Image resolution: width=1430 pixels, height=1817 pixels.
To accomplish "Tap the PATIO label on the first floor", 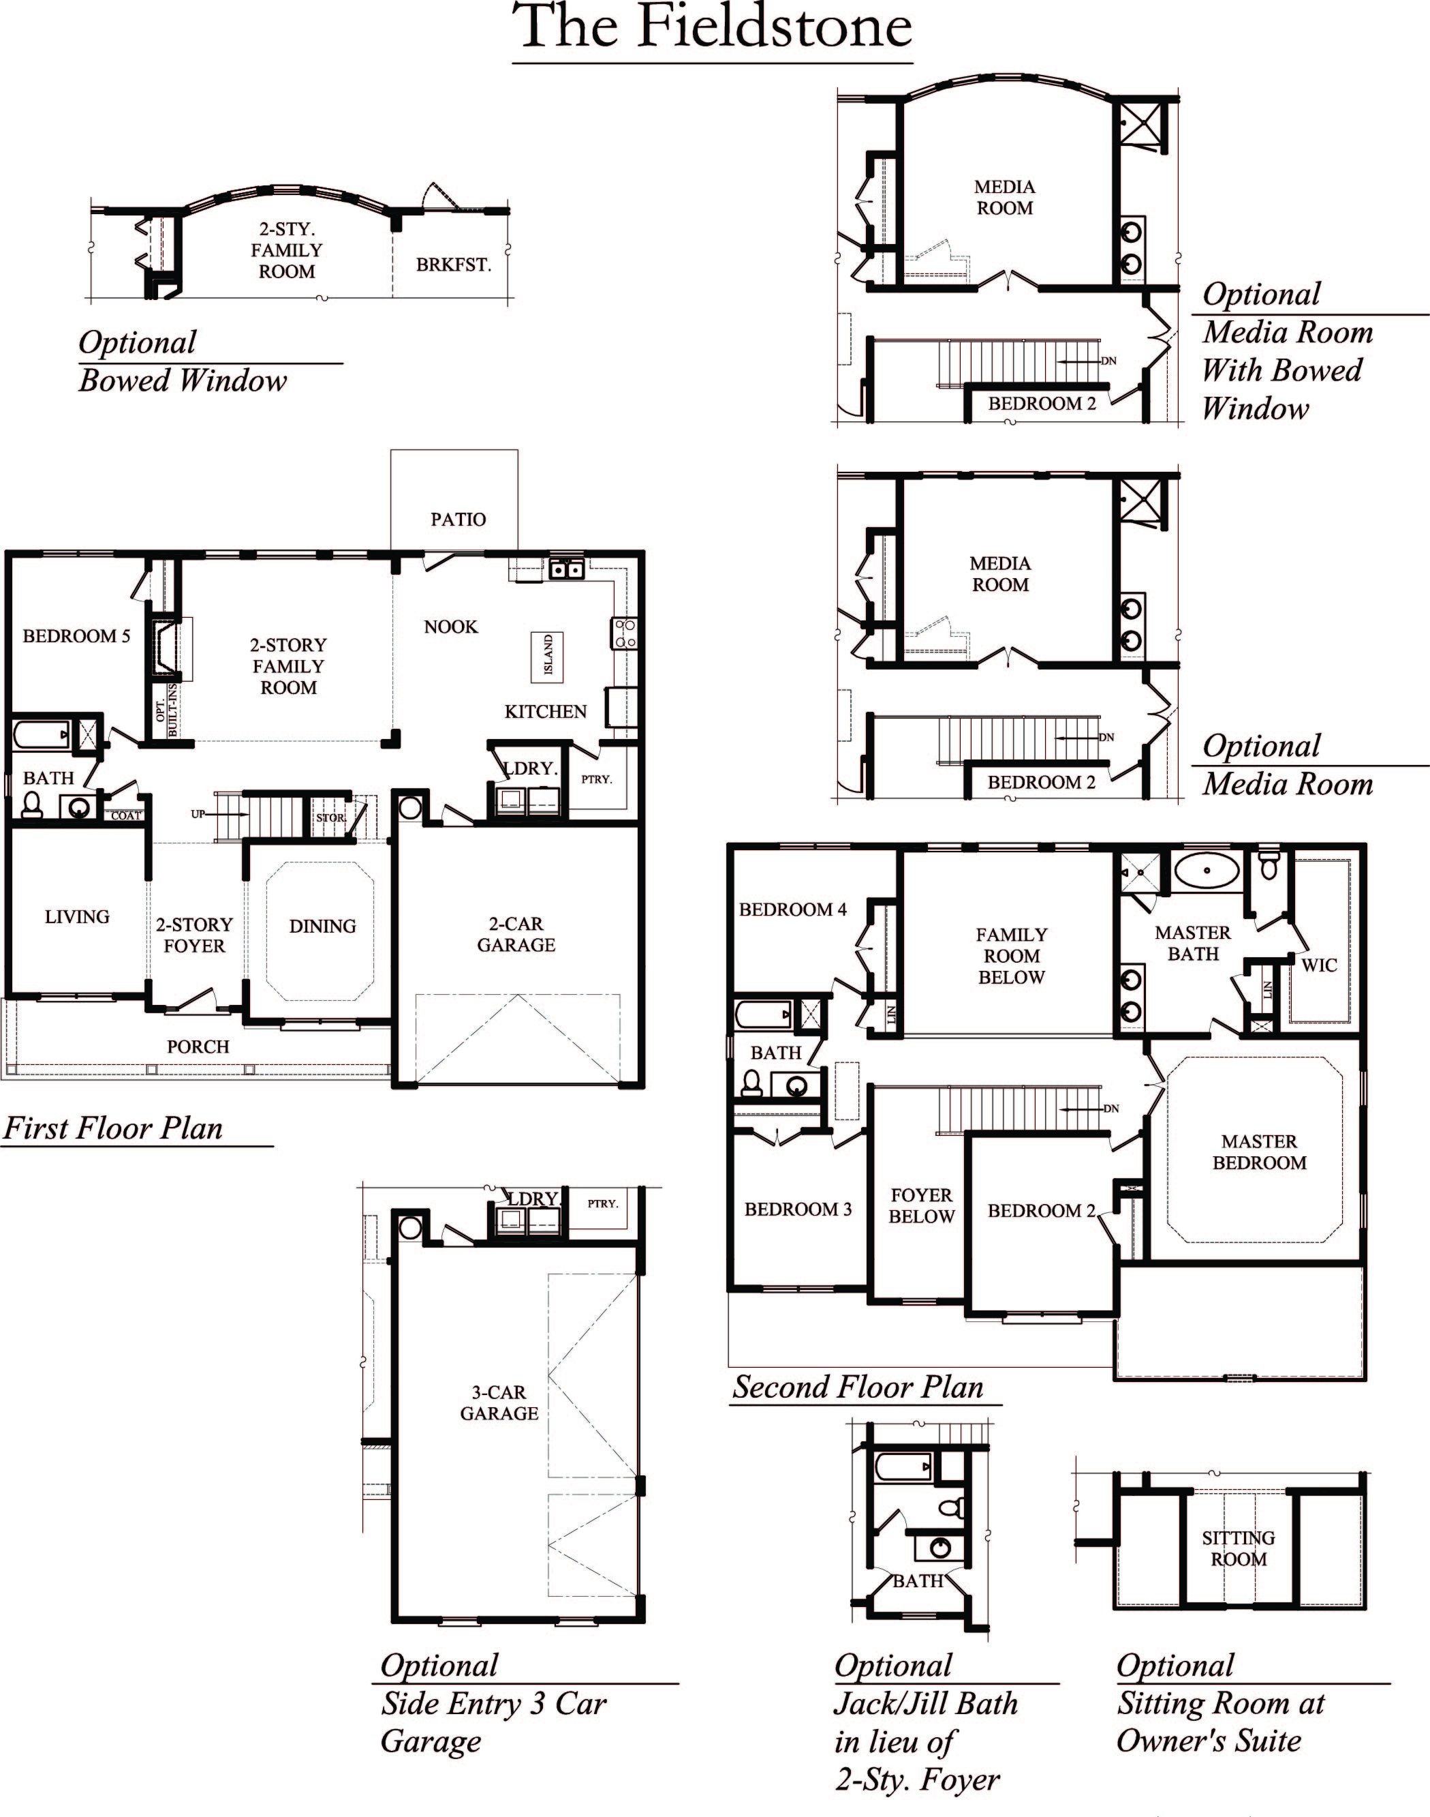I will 458,520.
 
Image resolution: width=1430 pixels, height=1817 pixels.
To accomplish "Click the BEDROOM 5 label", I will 76,636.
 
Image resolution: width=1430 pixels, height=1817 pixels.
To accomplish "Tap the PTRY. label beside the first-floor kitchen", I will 596,779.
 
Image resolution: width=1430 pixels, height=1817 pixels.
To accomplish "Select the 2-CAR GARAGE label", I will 516,934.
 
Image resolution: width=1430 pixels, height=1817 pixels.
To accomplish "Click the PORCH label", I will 198,1047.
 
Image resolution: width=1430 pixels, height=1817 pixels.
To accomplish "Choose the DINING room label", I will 322,926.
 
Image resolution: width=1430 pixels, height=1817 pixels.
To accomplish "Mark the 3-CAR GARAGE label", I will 499,1402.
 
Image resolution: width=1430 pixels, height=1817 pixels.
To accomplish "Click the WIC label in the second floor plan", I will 1319,965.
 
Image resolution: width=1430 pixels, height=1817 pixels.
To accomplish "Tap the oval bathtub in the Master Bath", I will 1207,871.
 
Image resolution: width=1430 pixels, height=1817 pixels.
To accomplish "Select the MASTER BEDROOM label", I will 1259,1152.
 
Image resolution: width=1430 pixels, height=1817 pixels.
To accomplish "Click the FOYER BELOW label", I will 921,1205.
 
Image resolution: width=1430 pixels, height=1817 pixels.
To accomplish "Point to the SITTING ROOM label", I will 1239,1548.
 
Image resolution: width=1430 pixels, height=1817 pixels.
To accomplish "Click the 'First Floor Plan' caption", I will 113,1128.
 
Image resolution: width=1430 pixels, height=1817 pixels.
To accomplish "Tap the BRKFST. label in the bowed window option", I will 453,265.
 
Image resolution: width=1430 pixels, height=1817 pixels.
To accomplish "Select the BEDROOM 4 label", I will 792,909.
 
